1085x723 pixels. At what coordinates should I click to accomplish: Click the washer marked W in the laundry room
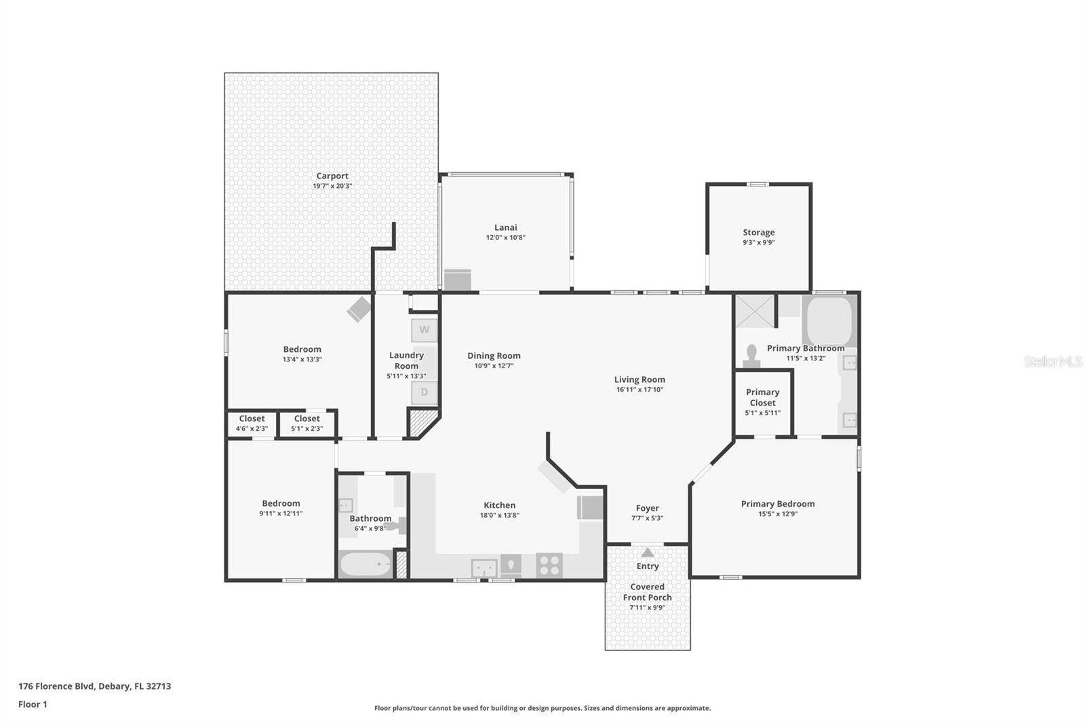424,330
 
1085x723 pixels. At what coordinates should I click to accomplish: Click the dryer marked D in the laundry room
424,392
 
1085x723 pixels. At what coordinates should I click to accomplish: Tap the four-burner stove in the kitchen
549,566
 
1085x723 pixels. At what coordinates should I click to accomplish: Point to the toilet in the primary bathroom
751,356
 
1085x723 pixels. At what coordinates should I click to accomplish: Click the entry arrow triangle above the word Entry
648,552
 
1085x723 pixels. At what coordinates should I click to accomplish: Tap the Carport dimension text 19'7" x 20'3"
332,186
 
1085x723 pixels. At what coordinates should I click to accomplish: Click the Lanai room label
505,228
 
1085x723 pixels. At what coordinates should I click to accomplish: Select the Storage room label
758,233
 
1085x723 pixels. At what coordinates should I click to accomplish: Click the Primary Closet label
762,397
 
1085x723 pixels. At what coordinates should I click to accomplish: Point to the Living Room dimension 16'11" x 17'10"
639,389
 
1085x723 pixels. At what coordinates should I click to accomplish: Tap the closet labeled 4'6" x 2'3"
252,424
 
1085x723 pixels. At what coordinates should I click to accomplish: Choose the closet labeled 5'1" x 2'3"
307,424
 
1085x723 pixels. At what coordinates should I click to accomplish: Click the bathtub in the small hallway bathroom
365,564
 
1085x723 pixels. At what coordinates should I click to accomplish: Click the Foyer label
647,508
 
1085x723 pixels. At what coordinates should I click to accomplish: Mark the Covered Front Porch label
647,592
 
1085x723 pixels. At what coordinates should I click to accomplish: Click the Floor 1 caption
33,705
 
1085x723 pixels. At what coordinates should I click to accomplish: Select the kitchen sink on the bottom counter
484,568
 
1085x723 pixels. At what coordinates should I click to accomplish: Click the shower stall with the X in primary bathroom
754,311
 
